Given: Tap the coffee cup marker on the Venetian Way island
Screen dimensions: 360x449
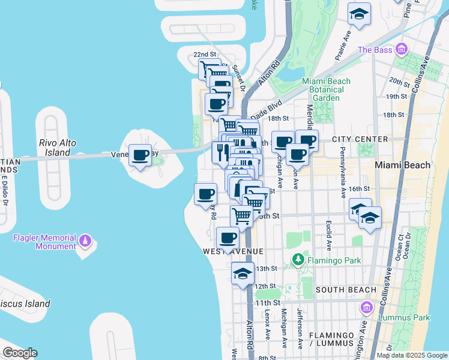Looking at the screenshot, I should point(140,155).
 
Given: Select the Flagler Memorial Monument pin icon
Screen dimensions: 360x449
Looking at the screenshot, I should point(85,241).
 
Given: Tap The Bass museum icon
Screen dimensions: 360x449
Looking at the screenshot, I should point(402,49).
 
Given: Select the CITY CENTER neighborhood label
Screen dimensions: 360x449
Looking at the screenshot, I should point(360,139).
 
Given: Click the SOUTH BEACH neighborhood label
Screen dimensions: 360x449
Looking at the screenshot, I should point(346,290).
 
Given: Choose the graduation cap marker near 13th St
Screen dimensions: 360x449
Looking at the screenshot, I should point(243,274).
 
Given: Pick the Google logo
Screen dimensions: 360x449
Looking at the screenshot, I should point(20,353).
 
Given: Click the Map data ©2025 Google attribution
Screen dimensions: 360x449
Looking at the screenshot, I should point(412,355).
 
